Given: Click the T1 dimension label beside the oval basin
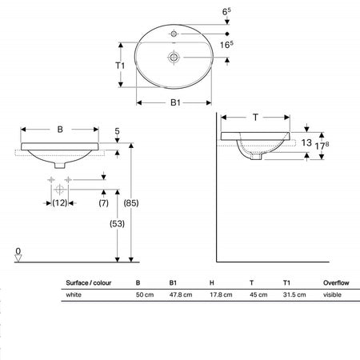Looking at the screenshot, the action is [x=120, y=66].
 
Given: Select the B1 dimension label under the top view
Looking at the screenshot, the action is [x=175, y=102].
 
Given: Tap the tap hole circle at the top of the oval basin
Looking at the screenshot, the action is [x=174, y=34].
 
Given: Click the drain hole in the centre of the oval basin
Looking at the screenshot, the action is [x=174, y=57].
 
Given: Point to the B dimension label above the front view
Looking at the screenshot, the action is [x=60, y=130].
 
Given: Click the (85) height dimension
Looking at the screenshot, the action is [x=131, y=203].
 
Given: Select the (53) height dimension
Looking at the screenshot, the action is [x=117, y=223].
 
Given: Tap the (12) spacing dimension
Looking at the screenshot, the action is [x=59, y=203].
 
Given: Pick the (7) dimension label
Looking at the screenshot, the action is [x=103, y=203].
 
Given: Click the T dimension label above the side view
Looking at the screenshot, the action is [x=255, y=117].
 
